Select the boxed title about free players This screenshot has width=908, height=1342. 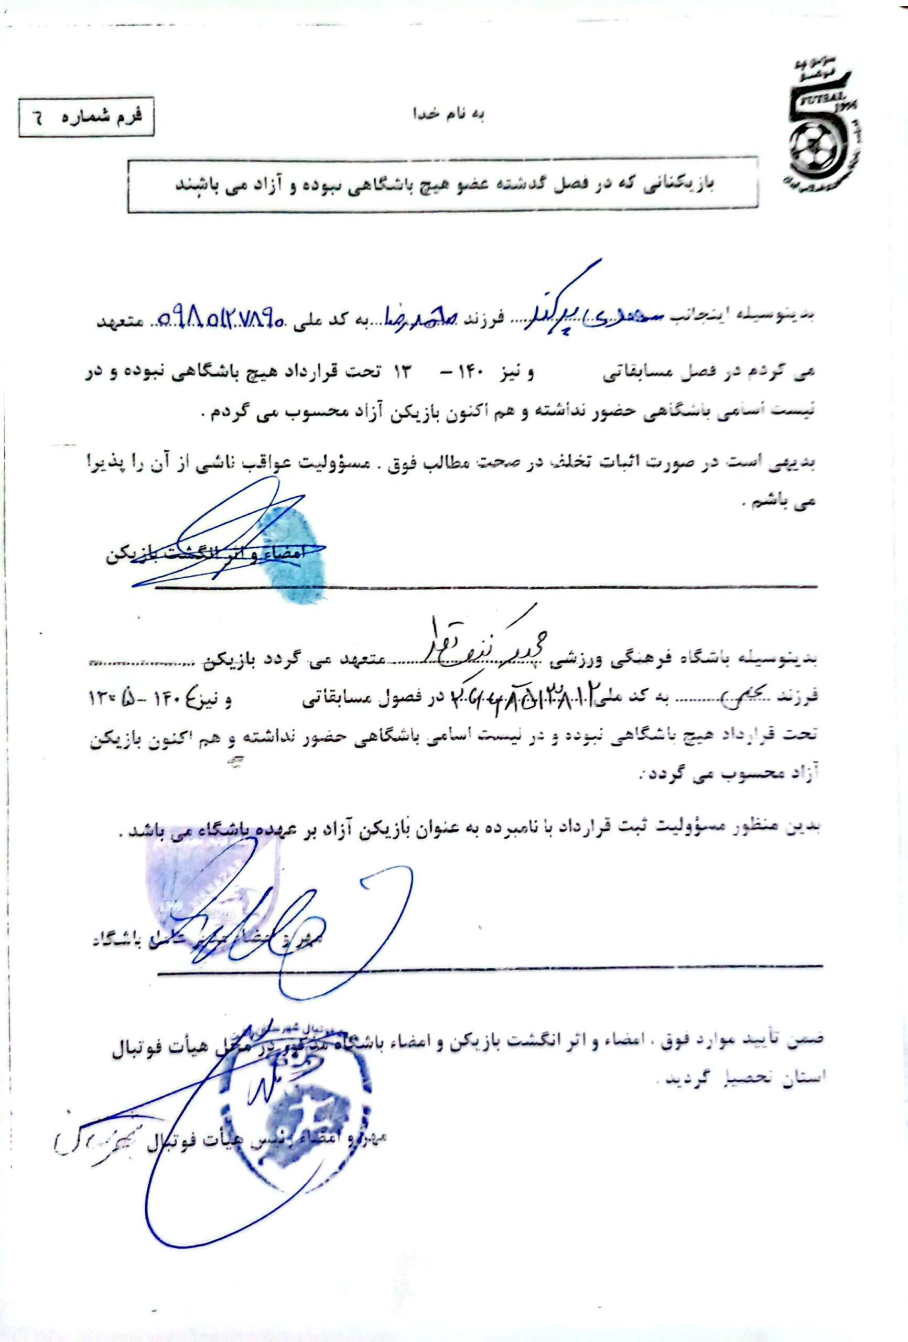click(x=442, y=186)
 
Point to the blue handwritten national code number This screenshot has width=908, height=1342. click(x=220, y=317)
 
